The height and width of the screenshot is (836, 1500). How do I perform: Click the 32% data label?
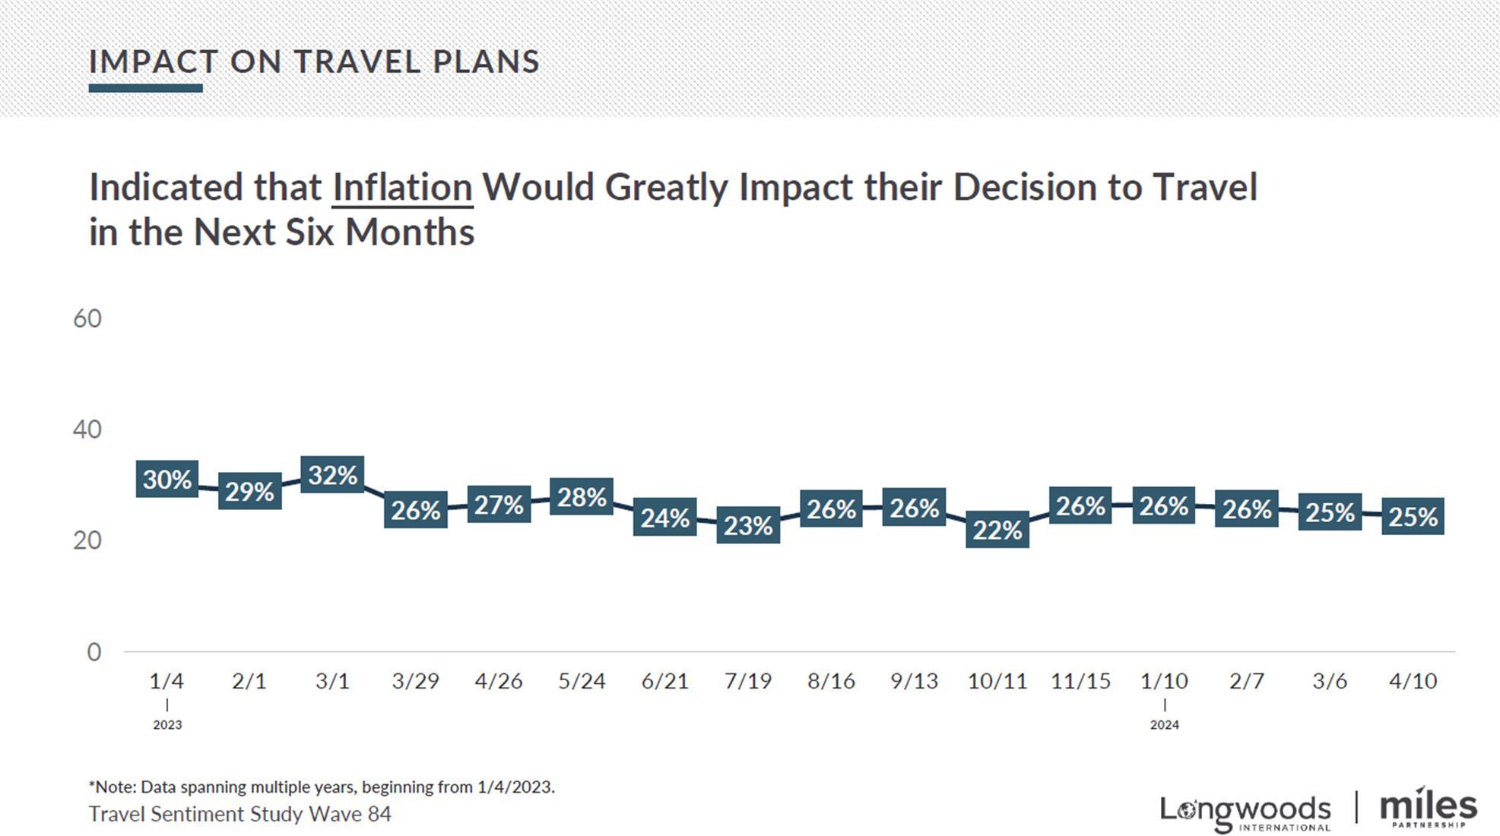332,475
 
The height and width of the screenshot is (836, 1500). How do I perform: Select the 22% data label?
997,530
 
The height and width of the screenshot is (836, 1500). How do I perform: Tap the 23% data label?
748,525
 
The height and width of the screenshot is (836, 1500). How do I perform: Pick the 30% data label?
167,480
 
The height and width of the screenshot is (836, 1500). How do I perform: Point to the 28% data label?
582,497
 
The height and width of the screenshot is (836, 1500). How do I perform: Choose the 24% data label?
664,518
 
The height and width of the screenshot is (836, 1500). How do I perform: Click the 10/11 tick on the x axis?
997,681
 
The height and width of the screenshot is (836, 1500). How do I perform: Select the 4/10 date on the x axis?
1413,681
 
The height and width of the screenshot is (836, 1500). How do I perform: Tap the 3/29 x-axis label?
415,681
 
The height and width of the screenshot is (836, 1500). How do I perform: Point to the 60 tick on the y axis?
87,318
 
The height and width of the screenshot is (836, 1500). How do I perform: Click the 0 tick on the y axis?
94,652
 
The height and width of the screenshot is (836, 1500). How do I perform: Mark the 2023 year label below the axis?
167,725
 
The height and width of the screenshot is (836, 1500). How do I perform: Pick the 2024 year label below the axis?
1164,725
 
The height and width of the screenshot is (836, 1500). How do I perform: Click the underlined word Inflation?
402,188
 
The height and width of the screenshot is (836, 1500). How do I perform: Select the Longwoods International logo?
1245,812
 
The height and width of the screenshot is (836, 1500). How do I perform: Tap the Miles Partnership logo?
1428,809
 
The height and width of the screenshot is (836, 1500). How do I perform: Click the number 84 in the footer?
379,814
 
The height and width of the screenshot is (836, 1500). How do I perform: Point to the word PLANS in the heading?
486,62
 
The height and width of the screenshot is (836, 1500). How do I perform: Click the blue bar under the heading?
145,88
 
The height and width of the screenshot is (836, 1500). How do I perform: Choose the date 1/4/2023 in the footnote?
515,787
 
